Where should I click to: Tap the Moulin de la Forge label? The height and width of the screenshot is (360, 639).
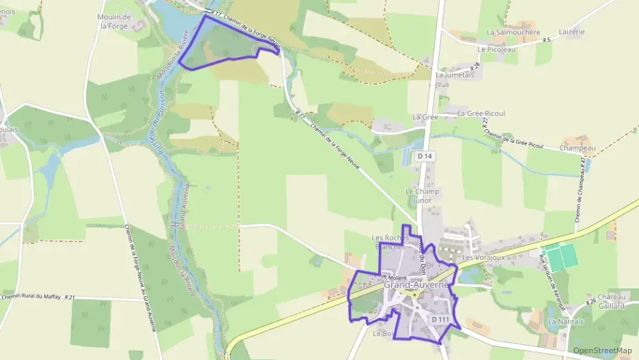[x=115, y=21]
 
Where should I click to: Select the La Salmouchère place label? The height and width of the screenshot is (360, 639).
[x=513, y=32]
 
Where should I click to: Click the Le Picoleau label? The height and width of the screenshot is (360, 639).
[x=496, y=49]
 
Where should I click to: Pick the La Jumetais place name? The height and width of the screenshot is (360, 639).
[x=454, y=75]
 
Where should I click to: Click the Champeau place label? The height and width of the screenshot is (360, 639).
[x=578, y=148]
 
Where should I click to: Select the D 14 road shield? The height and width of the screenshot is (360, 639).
[x=425, y=156]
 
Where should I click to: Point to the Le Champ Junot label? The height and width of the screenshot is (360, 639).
[x=423, y=196]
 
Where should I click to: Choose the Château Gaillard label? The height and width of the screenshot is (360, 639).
[x=612, y=301]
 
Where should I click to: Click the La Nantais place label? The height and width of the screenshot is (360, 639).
[x=566, y=321]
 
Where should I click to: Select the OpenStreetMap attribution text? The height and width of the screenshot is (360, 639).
[x=602, y=351]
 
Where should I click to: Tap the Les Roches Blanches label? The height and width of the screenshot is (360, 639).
[x=390, y=243]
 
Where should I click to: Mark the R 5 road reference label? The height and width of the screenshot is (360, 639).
[x=546, y=40]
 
